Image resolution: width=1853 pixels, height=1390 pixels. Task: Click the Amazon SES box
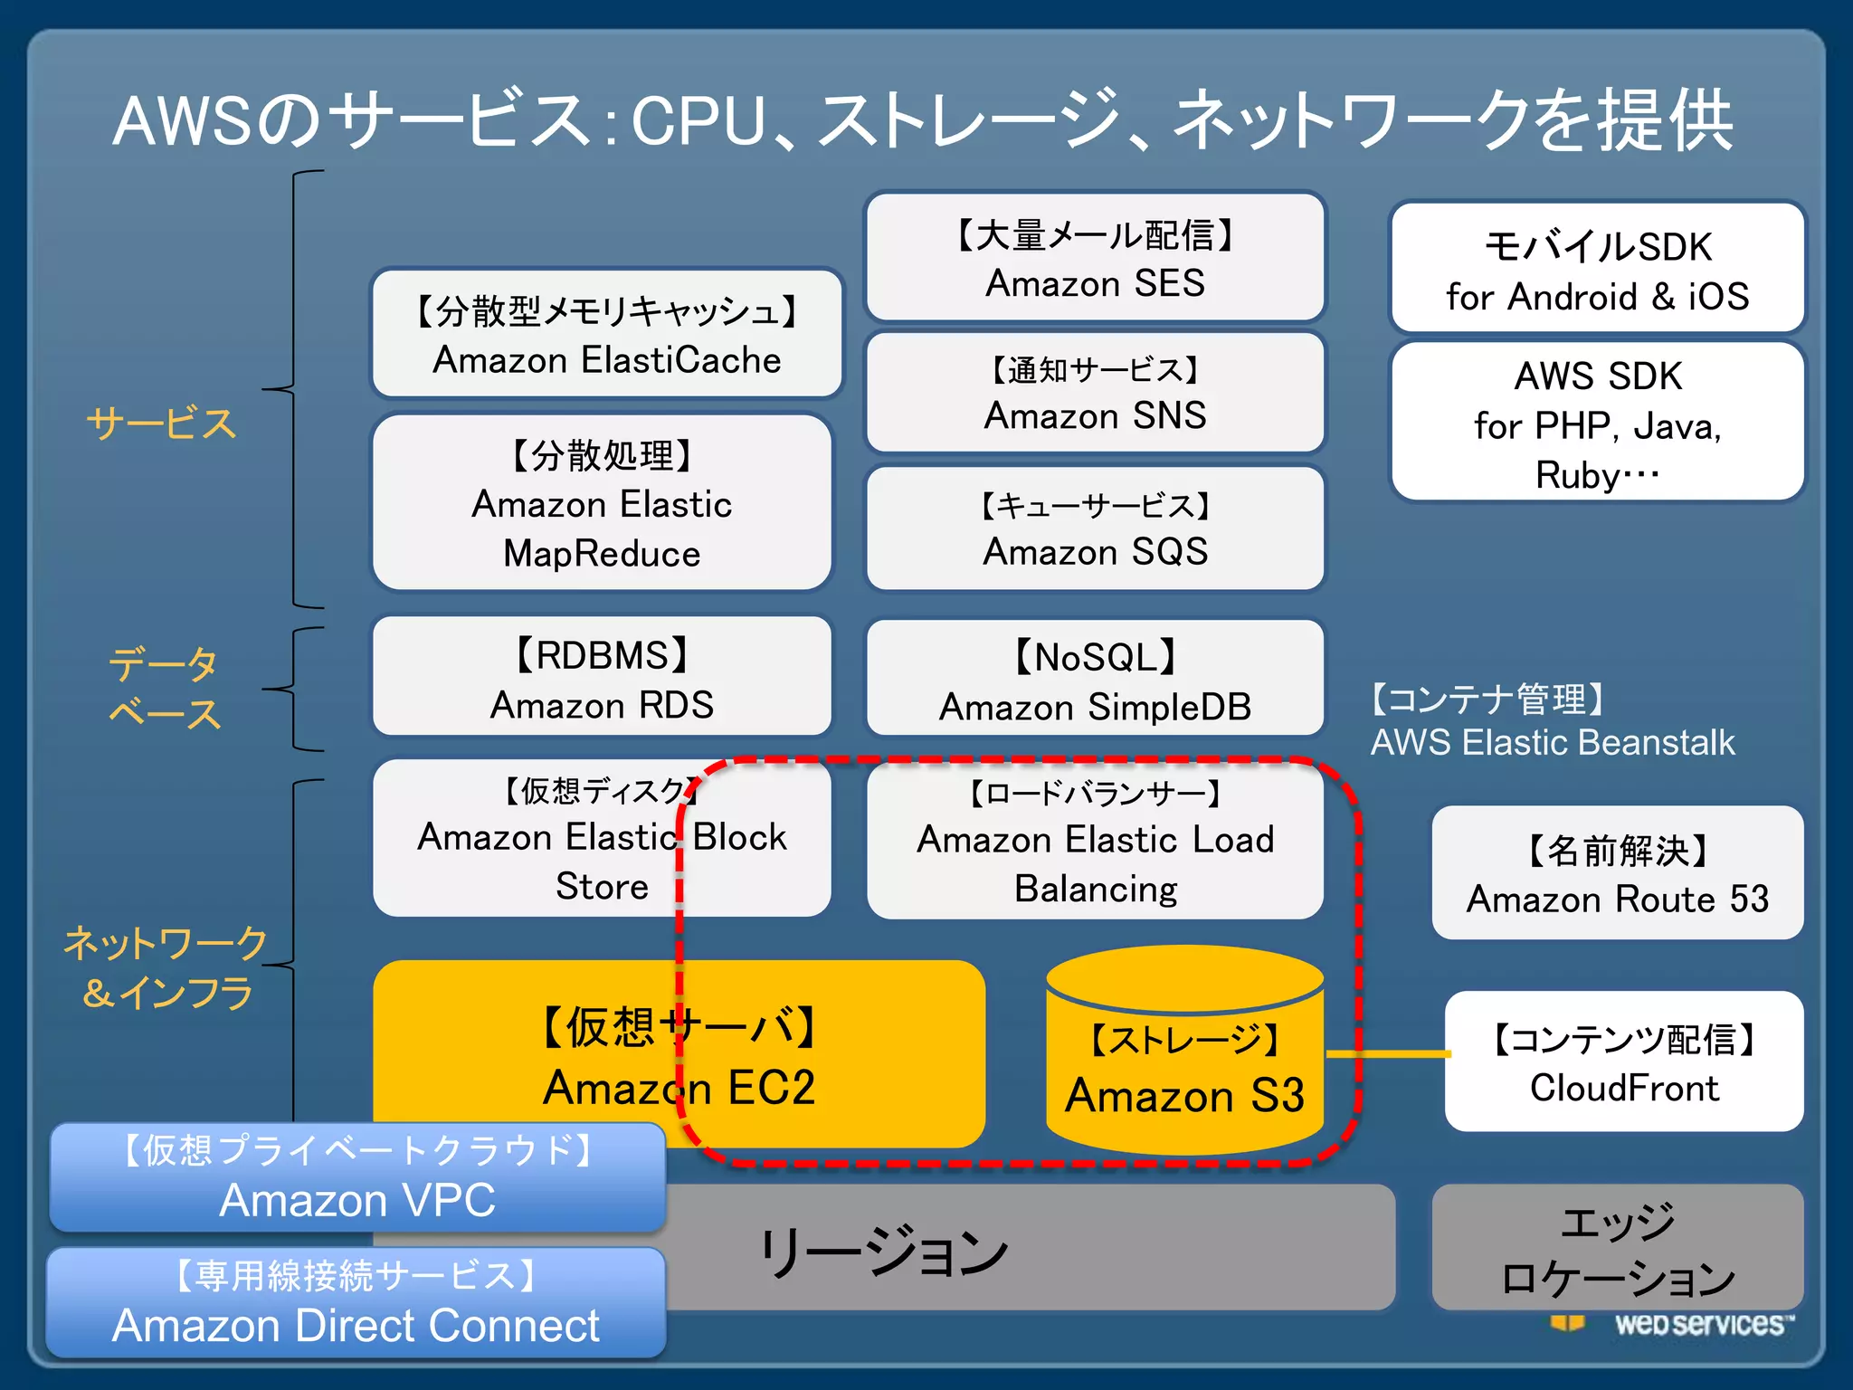[x=1095, y=257]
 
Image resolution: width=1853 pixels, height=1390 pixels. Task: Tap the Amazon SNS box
[x=1095, y=393]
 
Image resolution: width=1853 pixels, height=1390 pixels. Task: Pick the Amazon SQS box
[x=1095, y=528]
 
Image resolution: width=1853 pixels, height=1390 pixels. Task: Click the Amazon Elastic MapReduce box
[x=602, y=503]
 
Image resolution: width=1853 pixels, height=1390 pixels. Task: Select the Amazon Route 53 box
[x=1617, y=873]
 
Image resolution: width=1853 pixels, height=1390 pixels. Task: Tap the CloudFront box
[x=1624, y=1062]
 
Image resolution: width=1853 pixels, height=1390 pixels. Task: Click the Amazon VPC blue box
[x=357, y=1176]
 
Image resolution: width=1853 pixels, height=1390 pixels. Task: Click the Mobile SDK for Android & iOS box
[x=1597, y=269]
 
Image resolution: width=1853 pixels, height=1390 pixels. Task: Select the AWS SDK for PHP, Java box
[x=1597, y=423]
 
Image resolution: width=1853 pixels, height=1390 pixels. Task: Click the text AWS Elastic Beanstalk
[x=1552, y=743]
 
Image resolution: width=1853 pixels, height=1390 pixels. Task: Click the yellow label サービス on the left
[x=161, y=424]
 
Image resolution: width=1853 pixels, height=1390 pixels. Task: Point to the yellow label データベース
[x=163, y=688]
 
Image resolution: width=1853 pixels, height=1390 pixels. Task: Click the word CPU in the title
[x=698, y=122]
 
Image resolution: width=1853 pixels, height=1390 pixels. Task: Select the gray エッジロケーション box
[x=1617, y=1249]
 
